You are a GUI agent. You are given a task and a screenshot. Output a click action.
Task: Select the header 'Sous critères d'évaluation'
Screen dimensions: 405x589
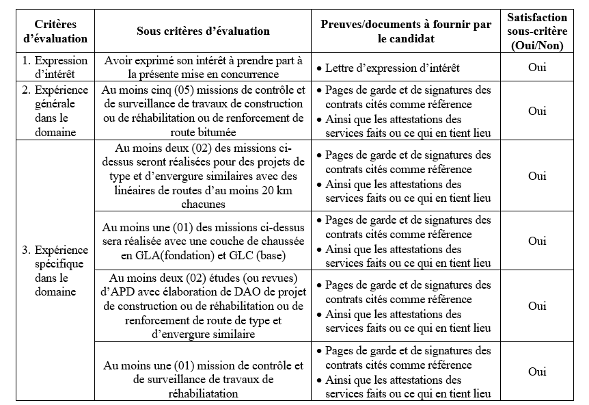click(x=203, y=31)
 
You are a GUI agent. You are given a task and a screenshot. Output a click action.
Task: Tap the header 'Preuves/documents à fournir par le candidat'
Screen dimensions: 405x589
click(x=406, y=31)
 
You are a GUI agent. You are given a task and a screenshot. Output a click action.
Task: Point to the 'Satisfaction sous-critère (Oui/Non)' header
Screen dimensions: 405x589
click(x=537, y=31)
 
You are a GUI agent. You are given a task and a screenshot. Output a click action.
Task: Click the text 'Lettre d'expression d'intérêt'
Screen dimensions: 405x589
click(x=392, y=68)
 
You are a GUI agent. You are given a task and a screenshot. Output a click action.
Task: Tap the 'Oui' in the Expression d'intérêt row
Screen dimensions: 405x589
click(x=537, y=67)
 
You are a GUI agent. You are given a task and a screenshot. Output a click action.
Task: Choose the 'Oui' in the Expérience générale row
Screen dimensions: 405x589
click(x=537, y=111)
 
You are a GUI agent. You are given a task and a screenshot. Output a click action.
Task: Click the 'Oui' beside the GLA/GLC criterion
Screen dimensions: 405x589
click(x=537, y=241)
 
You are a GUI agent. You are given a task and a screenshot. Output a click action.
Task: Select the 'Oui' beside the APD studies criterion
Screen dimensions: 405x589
click(x=537, y=306)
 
